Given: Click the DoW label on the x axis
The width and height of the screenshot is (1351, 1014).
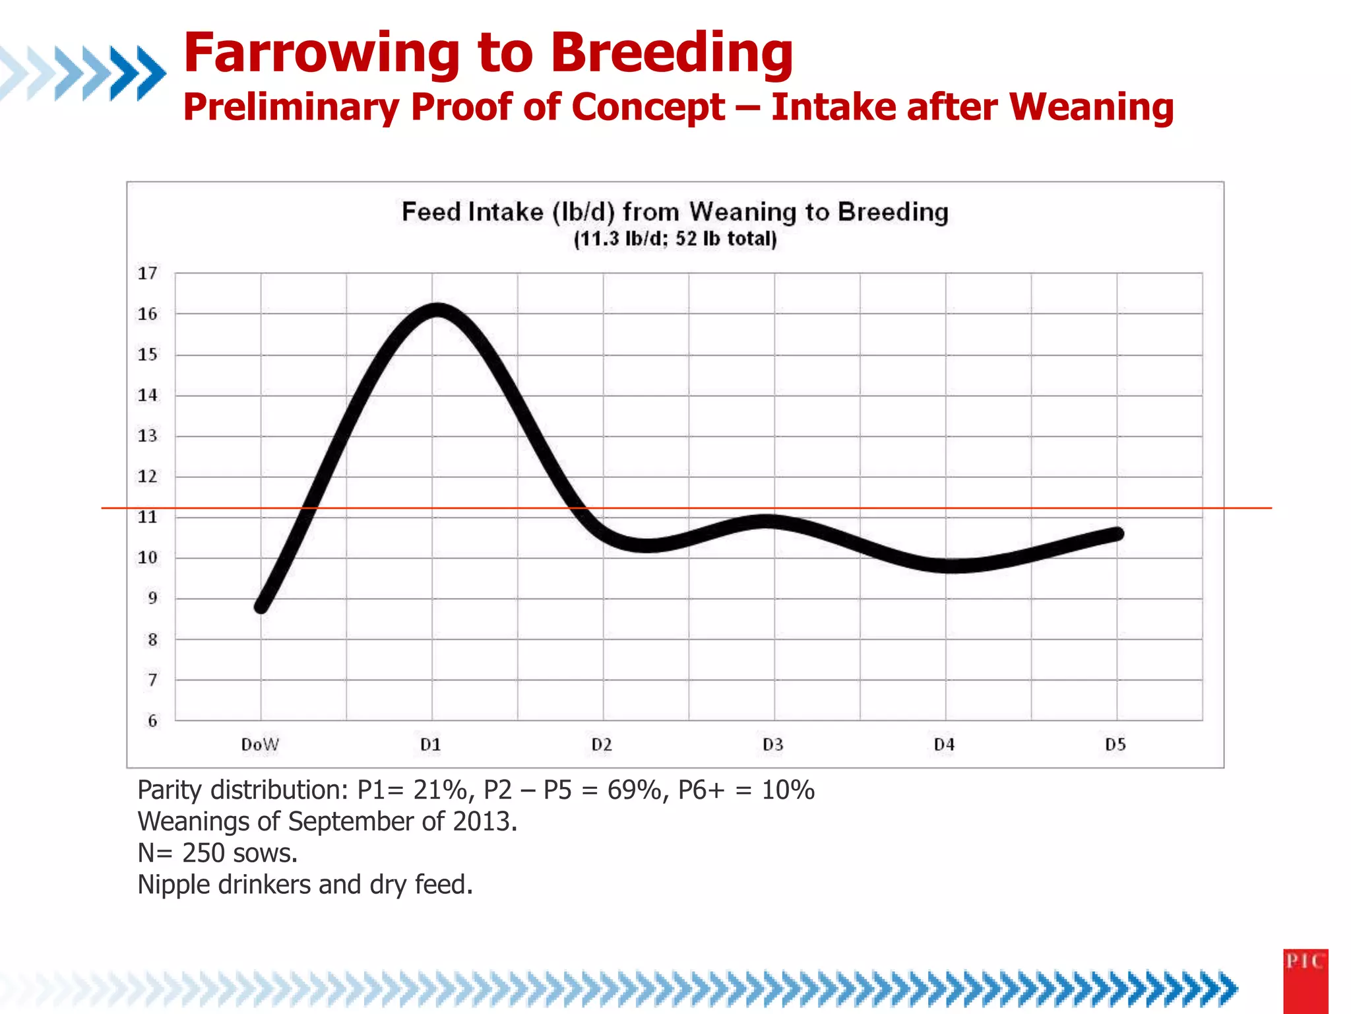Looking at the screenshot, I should tap(260, 745).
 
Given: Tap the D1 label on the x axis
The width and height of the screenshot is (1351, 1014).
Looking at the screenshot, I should tap(431, 745).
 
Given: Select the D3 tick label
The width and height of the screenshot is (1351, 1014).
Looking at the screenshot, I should tap(773, 745).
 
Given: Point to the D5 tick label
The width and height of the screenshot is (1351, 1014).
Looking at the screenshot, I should tap(1115, 745).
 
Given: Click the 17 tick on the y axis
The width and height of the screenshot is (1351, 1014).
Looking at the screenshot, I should tap(148, 273).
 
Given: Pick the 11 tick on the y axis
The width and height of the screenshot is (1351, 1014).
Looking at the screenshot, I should tap(148, 517).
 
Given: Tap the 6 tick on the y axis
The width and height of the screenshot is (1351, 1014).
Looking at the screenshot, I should tap(152, 721).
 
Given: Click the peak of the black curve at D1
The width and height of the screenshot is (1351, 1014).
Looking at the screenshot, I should tap(437, 310).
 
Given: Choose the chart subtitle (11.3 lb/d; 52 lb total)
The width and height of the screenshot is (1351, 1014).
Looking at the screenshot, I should tap(675, 239).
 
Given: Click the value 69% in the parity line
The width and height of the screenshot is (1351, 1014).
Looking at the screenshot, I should tap(634, 790).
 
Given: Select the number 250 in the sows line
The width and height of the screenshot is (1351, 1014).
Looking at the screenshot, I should tap(204, 853).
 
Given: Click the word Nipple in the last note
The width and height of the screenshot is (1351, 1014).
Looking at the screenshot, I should tap(173, 885).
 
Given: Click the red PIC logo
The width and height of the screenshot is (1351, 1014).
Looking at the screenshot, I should tap(1305, 980).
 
